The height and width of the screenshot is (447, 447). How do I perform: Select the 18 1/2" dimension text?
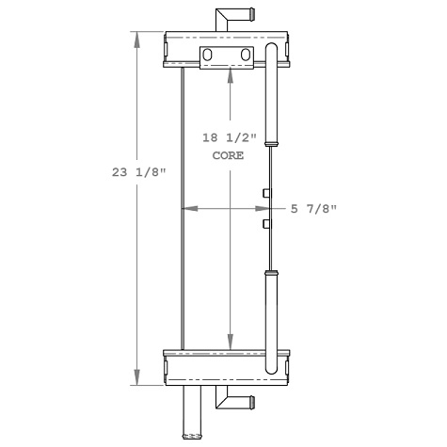click(229, 138)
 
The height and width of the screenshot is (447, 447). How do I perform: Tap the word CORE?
click(229, 157)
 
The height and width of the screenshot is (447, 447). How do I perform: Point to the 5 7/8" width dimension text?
click(313, 208)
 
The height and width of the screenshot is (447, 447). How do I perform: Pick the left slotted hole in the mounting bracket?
click(209, 57)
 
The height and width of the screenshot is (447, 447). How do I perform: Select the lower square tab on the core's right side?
click(266, 224)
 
